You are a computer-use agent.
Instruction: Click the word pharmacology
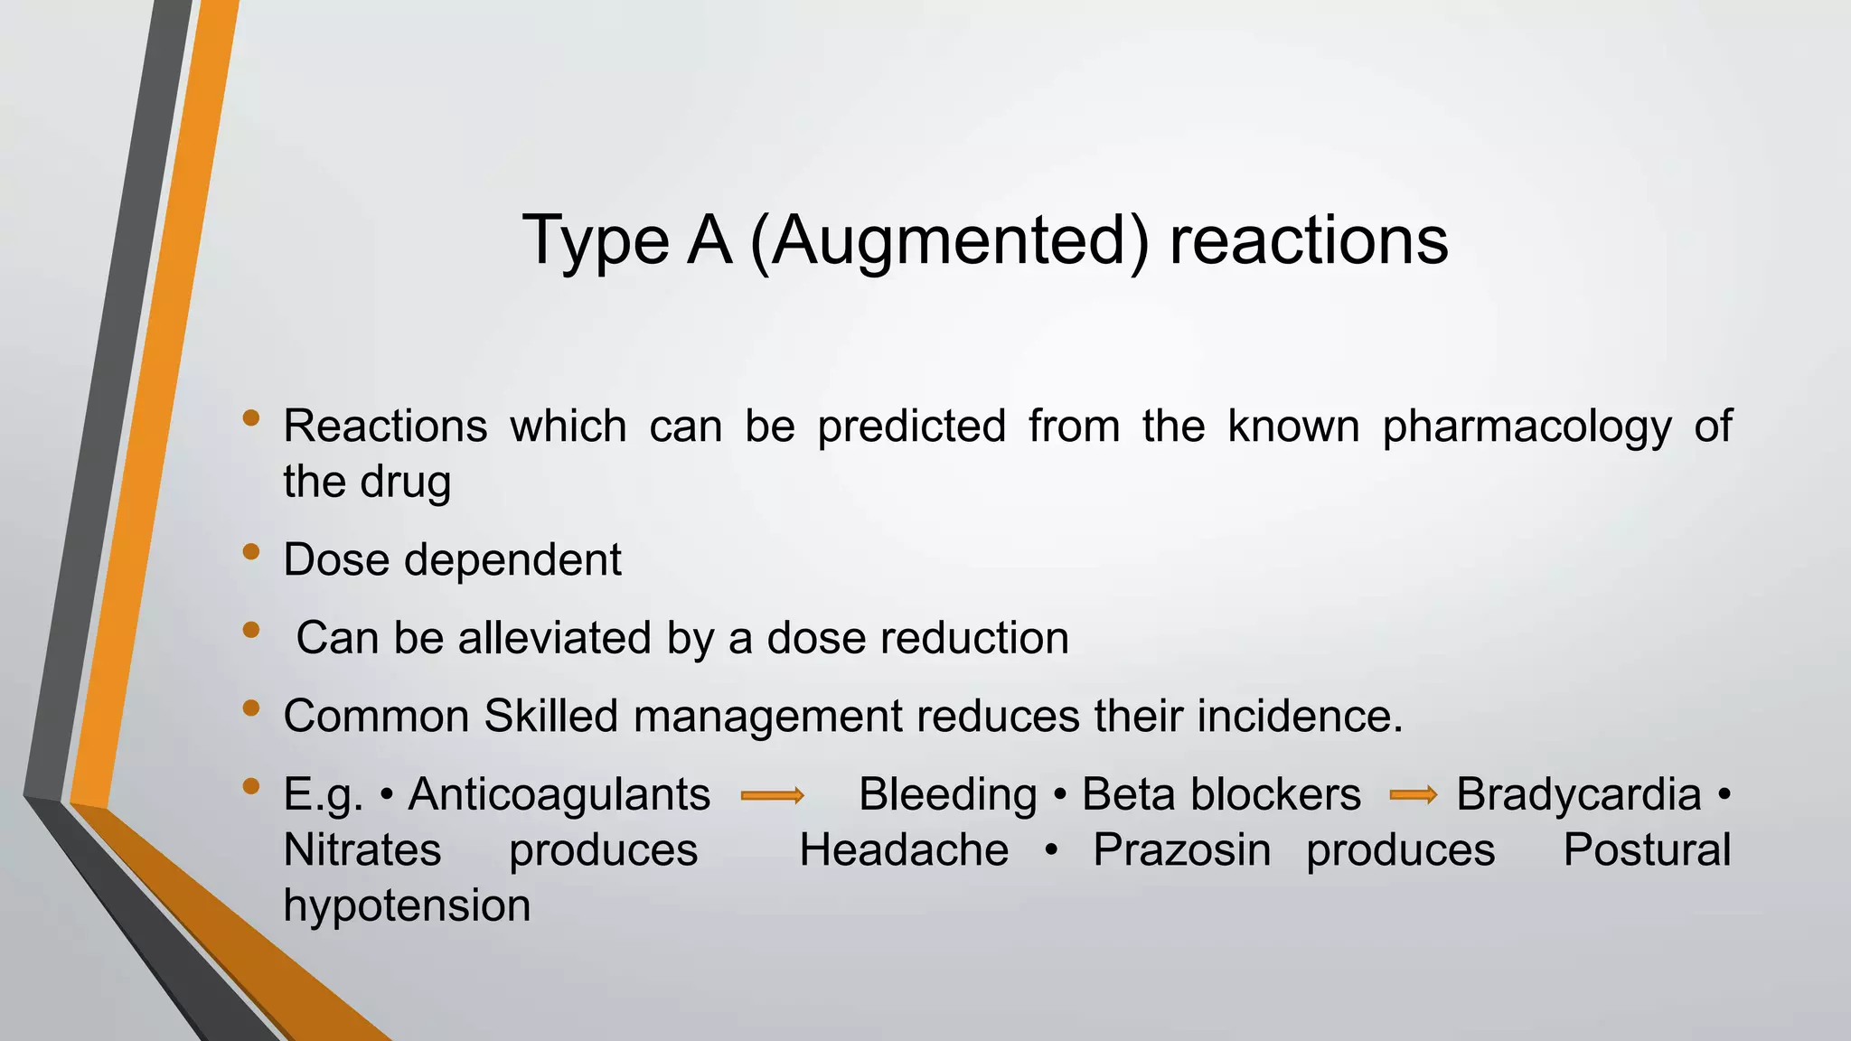[1527, 427]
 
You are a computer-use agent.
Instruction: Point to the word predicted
[911, 426]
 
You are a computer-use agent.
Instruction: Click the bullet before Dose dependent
[251, 552]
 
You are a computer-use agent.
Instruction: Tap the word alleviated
[555, 638]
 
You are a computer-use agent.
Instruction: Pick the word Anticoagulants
[559, 795]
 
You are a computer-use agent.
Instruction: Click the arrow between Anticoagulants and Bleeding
[772, 796]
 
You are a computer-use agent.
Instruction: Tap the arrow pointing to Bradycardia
[1414, 795]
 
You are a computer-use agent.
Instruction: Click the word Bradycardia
[1578, 795]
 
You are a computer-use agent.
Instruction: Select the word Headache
[904, 850]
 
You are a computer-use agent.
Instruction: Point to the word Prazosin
[1181, 850]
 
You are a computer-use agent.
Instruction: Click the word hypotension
[407, 905]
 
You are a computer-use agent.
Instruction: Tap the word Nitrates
[362, 850]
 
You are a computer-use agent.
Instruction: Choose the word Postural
[1647, 850]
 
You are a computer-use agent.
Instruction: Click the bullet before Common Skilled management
[251, 708]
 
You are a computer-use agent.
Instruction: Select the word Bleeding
[947, 795]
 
